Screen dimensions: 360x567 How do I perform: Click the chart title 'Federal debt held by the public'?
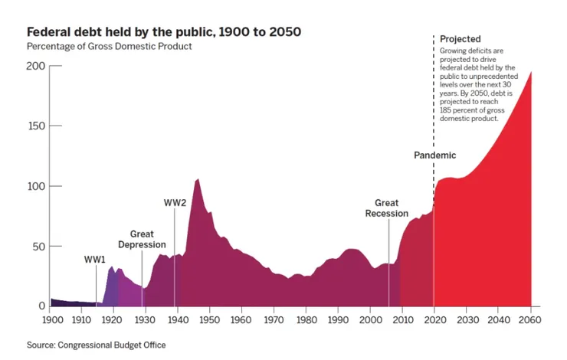[164, 32]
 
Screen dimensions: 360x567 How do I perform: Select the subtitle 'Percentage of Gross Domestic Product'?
[109, 46]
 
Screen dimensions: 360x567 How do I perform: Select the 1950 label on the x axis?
[209, 320]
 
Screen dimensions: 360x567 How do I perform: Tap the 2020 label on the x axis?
[434, 320]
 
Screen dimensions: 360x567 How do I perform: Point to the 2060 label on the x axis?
[530, 320]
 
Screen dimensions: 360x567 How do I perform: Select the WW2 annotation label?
[175, 203]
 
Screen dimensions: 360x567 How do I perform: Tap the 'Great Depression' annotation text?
[142, 239]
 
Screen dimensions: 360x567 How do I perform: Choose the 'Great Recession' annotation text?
[386, 208]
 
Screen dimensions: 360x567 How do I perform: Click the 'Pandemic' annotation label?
[434, 155]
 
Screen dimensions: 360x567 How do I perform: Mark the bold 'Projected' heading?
[460, 39]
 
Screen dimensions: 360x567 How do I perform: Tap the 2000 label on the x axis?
[369, 320]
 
